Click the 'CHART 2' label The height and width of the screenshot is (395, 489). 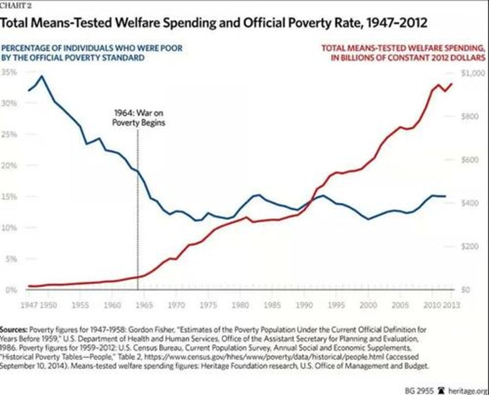point(14,6)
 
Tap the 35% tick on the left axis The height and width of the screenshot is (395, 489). point(10,72)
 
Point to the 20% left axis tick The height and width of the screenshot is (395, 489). point(10,165)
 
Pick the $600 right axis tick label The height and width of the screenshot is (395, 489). point(468,159)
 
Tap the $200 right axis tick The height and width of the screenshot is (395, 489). point(468,246)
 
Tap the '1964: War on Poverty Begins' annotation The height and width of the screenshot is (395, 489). point(137,119)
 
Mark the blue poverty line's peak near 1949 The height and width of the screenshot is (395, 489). point(42,76)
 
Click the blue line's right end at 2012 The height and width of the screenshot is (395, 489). point(445,196)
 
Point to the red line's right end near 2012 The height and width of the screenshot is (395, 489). point(452,83)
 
